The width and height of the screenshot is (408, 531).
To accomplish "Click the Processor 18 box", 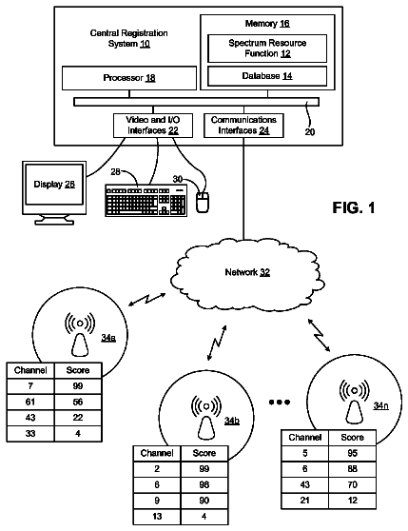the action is [129, 78].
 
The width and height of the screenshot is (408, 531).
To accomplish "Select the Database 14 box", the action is [267, 76].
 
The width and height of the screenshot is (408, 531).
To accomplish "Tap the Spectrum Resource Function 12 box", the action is [267, 49].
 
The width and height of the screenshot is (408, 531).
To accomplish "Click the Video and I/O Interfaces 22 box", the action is [153, 126].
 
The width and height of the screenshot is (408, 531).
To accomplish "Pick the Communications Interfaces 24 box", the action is [243, 126].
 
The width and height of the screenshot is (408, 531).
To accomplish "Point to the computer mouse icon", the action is [203, 202].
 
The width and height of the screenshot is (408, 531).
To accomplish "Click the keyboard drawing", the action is [146, 200].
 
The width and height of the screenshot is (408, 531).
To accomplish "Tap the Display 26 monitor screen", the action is [54, 185].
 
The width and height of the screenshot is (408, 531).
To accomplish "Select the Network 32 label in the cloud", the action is [247, 272].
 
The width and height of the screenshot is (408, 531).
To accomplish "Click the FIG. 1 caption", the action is [354, 207].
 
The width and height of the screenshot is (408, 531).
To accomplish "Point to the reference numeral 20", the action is [310, 131].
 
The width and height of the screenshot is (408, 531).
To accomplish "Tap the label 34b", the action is [232, 421].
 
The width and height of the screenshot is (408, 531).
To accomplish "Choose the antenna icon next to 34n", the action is [354, 401].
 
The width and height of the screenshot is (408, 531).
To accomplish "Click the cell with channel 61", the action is [30, 402].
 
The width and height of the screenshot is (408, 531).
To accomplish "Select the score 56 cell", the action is [78, 402].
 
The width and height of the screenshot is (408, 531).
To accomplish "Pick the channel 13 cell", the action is [157, 517].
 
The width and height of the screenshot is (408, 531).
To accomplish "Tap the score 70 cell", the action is [352, 484].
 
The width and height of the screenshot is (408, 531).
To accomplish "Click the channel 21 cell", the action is [305, 501].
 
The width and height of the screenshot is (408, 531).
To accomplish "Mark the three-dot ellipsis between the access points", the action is [280, 403].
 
